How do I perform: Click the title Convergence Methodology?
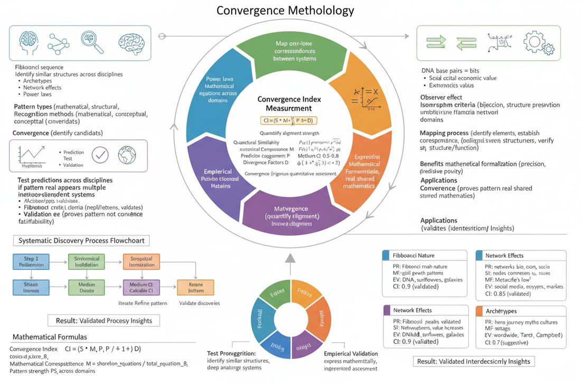tap(285, 11)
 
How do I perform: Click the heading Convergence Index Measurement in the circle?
tap(289, 103)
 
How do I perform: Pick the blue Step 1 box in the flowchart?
tap(31, 261)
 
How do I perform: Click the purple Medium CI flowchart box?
tap(141, 287)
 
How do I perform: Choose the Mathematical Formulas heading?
tap(50, 336)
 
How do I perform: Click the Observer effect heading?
tap(441, 97)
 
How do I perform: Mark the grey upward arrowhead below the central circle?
tap(289, 258)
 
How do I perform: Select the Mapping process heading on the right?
tap(444, 134)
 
